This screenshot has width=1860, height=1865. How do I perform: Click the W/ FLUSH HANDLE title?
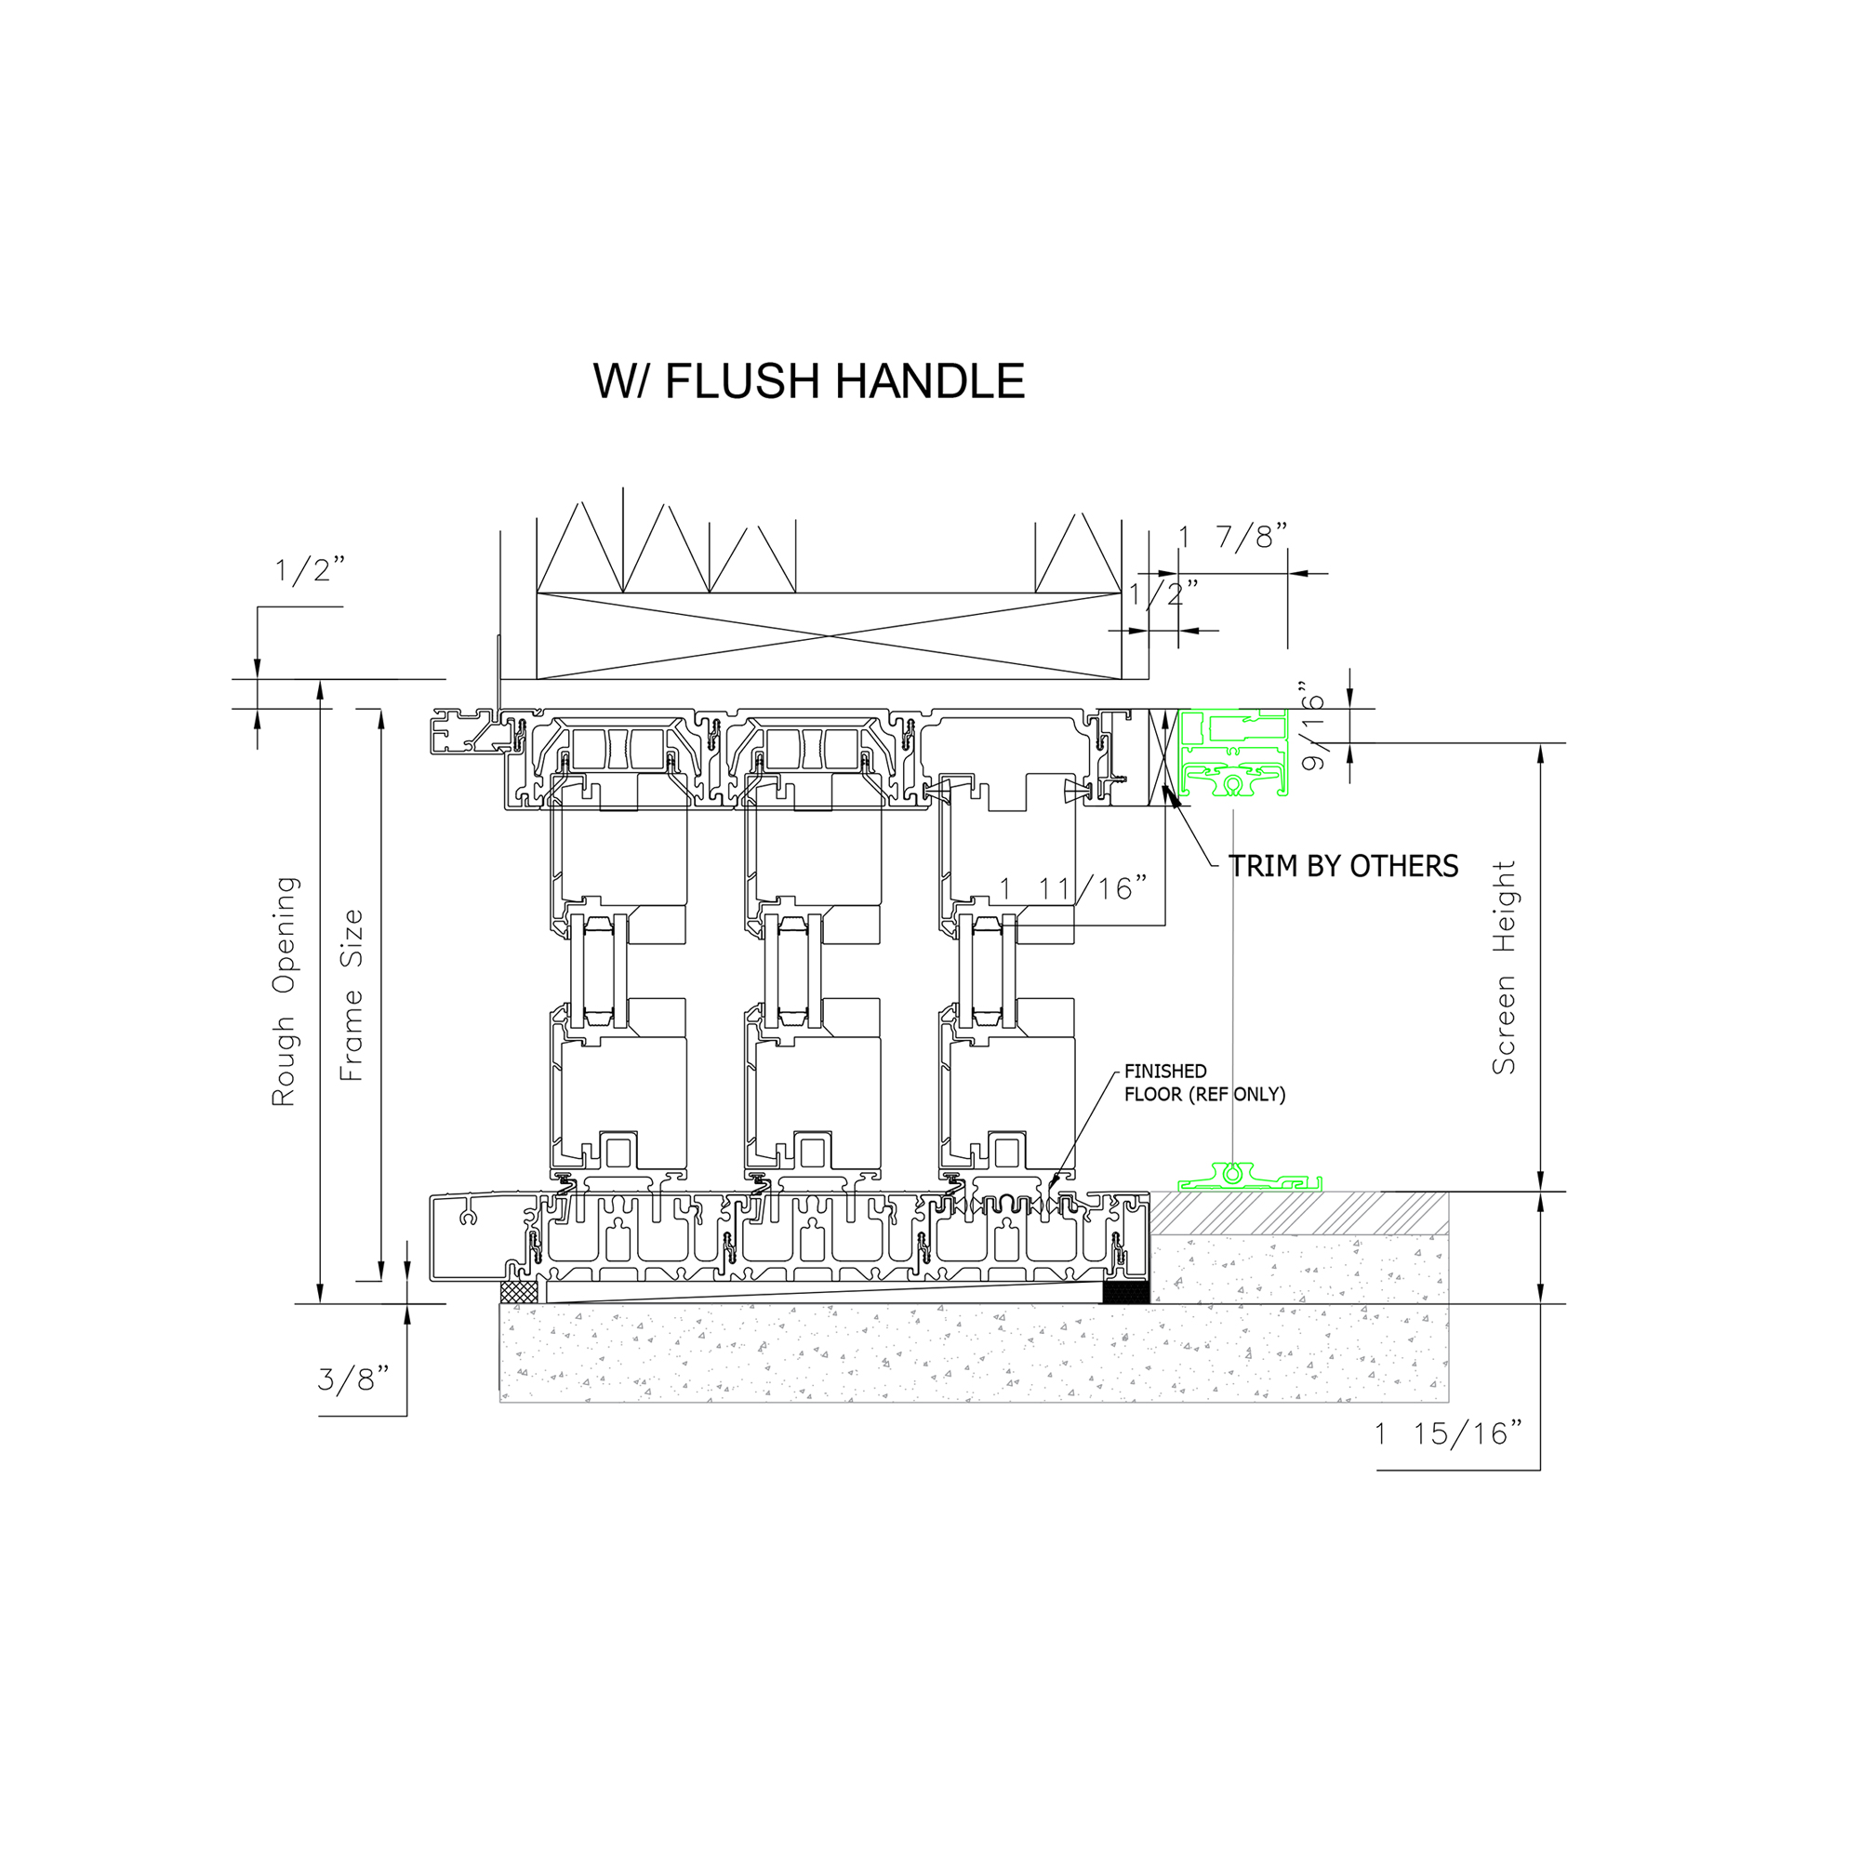tap(808, 381)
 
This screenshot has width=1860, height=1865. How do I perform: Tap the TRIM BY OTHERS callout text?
tap(1344, 866)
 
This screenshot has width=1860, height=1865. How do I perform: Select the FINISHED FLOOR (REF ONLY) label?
tap(1204, 1082)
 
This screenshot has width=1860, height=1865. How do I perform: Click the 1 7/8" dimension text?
tap(1233, 537)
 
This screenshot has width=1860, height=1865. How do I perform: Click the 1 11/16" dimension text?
tap(1073, 888)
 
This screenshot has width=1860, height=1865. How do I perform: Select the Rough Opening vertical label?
tap(284, 992)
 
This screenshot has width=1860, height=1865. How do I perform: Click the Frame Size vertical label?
tap(352, 995)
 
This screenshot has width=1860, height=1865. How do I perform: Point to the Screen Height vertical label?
tap(1504, 967)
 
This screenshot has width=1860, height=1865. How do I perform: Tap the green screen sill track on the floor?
tap(1250, 1177)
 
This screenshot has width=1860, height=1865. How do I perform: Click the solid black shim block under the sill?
tap(1126, 1292)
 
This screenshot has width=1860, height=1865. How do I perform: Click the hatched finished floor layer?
tap(1299, 1212)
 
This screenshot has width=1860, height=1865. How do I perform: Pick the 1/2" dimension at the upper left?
tap(309, 570)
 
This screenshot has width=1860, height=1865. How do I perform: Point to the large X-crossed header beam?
tap(830, 636)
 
